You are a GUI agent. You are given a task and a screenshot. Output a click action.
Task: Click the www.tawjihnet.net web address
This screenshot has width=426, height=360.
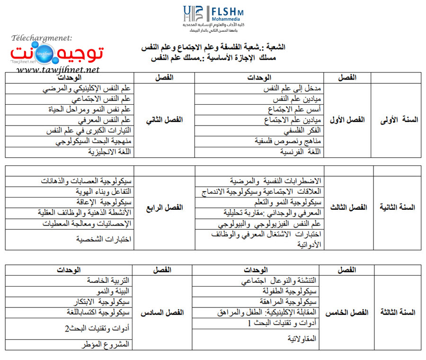pyautogui.click(x=58, y=70)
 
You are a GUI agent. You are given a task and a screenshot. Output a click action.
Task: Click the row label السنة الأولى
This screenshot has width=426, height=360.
pyautogui.click(x=399, y=120)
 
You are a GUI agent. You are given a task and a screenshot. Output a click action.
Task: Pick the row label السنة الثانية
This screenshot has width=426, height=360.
pyautogui.click(x=399, y=207)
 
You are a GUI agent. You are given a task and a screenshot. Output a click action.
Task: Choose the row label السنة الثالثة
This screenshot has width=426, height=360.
pyautogui.click(x=399, y=312)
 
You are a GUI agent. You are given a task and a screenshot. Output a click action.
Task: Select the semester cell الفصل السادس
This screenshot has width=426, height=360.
pyautogui.click(x=162, y=313)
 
